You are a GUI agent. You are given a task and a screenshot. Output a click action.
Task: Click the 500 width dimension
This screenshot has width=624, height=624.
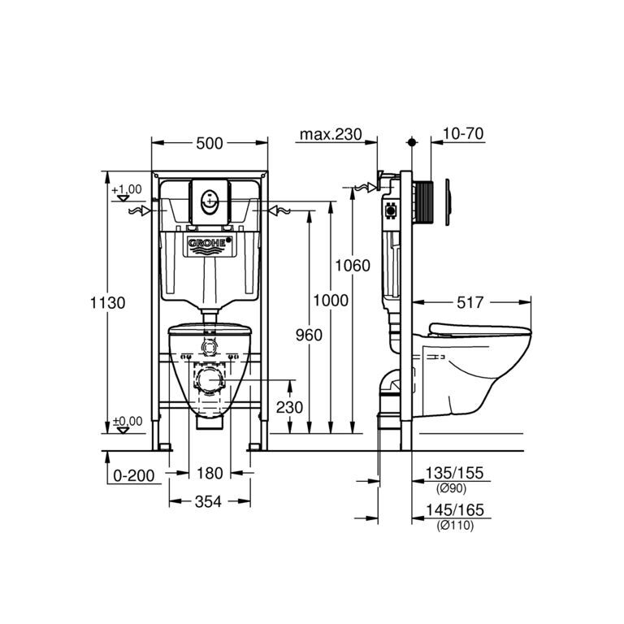point(210,143)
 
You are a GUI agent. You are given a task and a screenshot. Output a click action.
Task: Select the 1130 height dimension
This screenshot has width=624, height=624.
point(107,303)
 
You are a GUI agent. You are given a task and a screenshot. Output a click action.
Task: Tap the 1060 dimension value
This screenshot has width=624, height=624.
point(353,266)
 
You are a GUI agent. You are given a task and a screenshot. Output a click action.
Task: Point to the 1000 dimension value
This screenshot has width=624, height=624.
point(331,301)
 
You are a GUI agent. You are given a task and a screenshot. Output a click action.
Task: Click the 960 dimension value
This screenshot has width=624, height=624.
point(309,335)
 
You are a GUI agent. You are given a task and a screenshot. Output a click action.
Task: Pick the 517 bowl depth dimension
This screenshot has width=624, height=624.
point(470,302)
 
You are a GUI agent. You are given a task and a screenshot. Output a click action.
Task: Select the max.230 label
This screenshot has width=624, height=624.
point(331,134)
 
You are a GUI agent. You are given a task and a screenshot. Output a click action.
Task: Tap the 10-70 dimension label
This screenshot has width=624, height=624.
point(463,133)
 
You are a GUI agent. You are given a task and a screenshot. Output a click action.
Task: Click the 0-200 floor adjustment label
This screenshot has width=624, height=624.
point(134,475)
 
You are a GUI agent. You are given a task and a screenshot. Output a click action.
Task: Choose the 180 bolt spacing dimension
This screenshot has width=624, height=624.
point(210,473)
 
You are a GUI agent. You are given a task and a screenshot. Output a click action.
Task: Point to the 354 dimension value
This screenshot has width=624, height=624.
point(208,502)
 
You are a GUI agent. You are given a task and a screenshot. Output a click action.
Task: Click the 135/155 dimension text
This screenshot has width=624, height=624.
point(454,473)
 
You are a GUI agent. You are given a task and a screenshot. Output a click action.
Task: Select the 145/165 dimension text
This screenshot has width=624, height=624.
point(455,509)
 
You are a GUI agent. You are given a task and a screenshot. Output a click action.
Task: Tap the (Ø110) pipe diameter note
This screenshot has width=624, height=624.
point(455,526)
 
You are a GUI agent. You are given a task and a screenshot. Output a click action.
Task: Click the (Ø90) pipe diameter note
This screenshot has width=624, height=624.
point(451,488)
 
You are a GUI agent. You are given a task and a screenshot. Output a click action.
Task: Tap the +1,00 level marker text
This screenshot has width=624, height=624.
point(127,189)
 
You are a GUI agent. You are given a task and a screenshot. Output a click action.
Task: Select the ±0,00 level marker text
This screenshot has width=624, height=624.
point(128,421)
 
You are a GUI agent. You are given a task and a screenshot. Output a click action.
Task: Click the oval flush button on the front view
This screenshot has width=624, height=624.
point(210,201)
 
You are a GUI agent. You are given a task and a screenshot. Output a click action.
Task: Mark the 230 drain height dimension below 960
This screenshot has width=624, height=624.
point(289,407)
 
